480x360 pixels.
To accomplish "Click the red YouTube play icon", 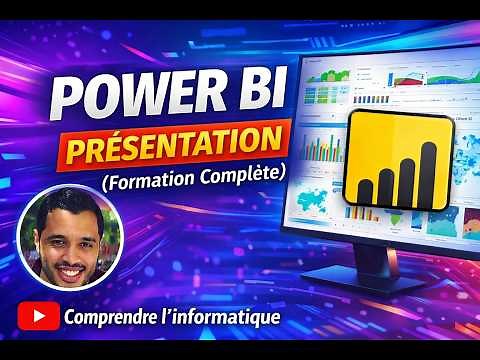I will click(x=39, y=318).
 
